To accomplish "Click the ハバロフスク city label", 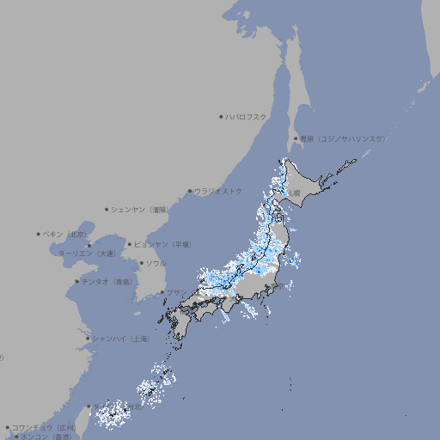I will (x=247, y=116).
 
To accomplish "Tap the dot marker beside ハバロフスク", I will (x=221, y=116).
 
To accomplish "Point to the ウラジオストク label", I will (x=218, y=191).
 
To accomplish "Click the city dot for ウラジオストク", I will (x=190, y=191).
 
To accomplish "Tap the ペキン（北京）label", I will (x=65, y=234).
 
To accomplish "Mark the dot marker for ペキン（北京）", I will (x=39, y=234).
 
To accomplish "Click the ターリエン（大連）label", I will (x=86, y=254).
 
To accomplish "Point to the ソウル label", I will (x=156, y=263).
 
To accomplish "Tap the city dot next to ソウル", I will (x=142, y=263).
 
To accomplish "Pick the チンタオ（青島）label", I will (x=107, y=281).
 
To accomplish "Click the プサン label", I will (x=176, y=292).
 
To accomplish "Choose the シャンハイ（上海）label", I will (x=120, y=339).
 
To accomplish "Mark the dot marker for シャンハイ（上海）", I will (x=88, y=339).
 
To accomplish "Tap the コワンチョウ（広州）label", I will (x=43, y=427).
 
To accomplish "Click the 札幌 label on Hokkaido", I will (x=295, y=193).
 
